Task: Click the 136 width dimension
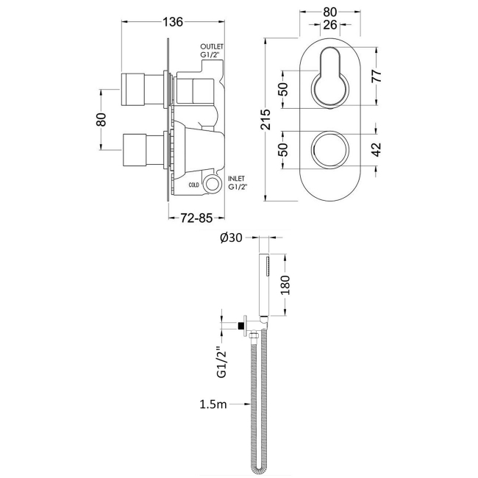(173, 22)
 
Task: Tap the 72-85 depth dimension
(196, 218)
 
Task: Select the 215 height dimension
(265, 119)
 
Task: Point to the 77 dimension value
(377, 76)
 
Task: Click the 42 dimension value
(377, 149)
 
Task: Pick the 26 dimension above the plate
(330, 25)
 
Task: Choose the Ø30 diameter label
(230, 238)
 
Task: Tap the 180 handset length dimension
(285, 285)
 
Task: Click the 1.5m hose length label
(213, 404)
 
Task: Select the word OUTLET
(212, 46)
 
